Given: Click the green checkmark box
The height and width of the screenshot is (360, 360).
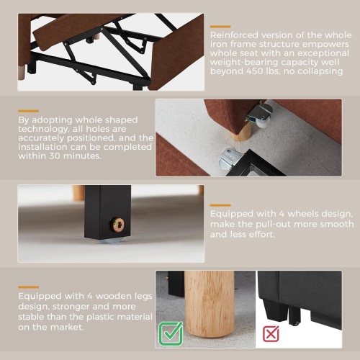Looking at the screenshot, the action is point(171,333).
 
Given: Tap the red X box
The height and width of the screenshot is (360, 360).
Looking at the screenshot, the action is point(271,333).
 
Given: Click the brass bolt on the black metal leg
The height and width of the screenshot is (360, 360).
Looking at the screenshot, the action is point(117,225).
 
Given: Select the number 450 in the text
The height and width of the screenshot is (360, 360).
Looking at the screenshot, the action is point(255,71).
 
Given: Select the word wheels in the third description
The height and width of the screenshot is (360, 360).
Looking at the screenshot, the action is point(303,214).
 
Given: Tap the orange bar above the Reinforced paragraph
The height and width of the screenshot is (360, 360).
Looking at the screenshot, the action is point(220,27).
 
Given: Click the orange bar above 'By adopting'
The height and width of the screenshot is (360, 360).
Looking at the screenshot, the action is point(28,111).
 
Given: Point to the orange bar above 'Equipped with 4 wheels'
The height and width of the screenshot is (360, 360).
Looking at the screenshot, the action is point(220,205).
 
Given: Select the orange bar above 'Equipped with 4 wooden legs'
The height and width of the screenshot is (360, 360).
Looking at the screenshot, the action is point(28,287).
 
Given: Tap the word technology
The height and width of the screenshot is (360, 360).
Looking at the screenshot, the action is point(43,129).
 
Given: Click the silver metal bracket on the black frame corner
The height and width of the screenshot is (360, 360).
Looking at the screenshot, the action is point(230,159).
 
